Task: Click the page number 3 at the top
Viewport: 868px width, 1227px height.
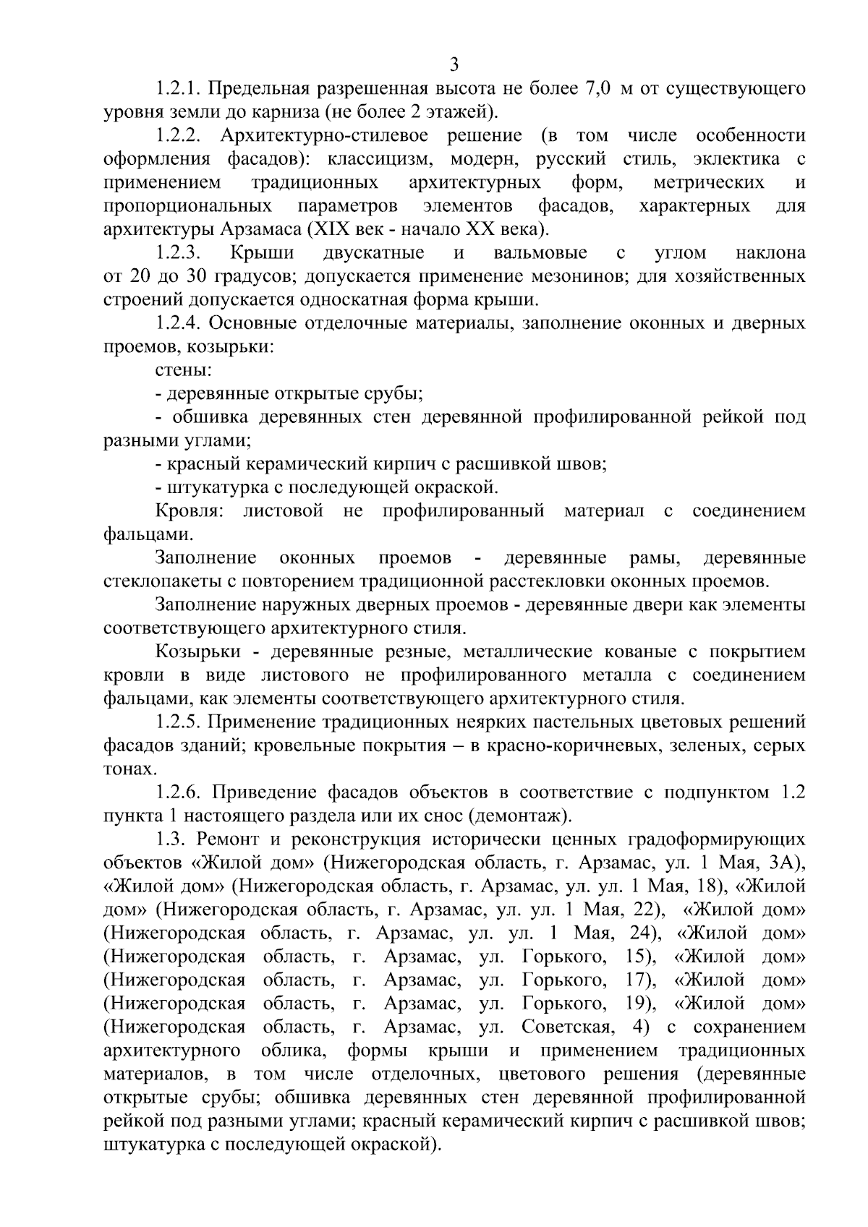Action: tap(454, 64)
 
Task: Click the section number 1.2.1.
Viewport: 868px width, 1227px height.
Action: tap(178, 89)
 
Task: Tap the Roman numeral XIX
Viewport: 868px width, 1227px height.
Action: tap(331, 230)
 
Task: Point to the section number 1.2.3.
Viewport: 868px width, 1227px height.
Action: tap(178, 253)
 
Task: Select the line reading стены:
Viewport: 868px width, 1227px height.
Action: tap(183, 371)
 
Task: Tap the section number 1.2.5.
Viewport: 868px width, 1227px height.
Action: tap(178, 722)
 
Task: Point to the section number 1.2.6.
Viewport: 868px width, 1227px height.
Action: tap(178, 792)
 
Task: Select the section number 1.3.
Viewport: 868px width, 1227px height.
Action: tap(169, 839)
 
